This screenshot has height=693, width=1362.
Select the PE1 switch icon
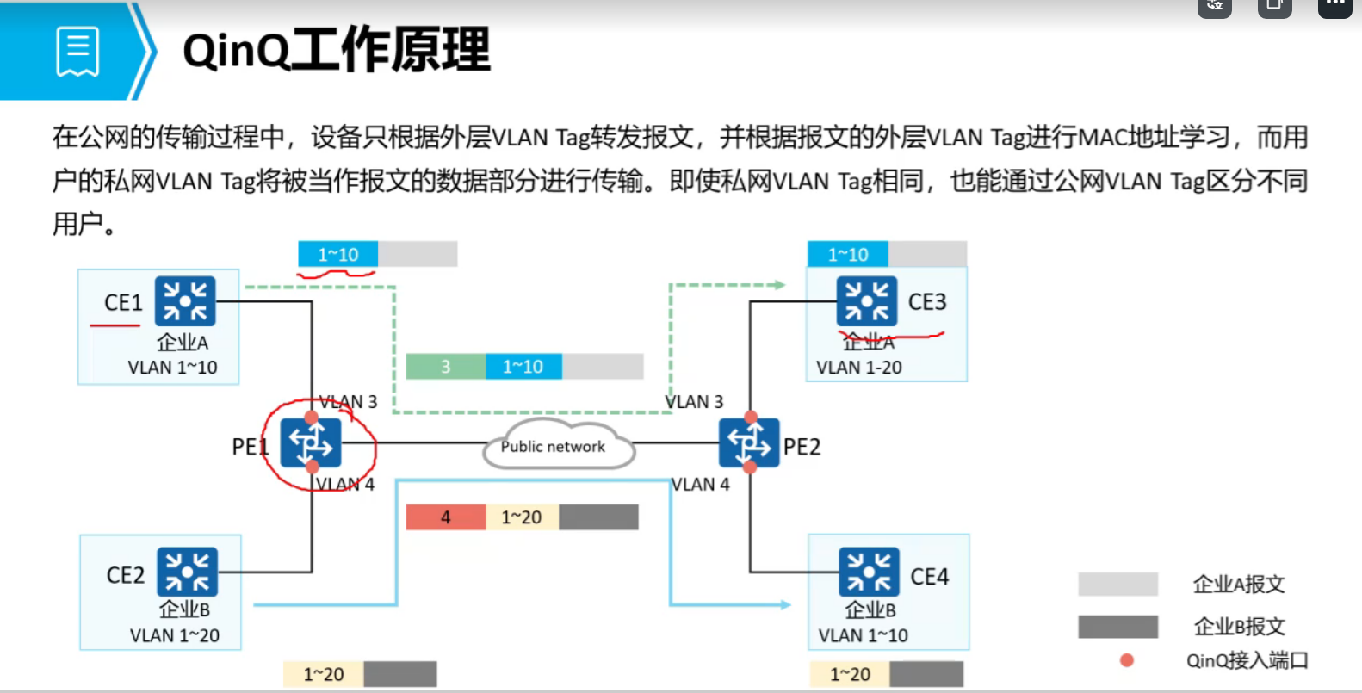[x=311, y=442]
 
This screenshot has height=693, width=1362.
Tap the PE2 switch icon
[x=749, y=442]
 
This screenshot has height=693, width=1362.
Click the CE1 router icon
[x=185, y=301]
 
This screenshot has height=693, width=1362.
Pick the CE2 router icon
[x=187, y=572]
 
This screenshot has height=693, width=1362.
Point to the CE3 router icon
[x=866, y=301]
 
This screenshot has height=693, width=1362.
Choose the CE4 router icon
[x=869, y=572]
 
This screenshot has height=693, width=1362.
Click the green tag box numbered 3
[x=445, y=366]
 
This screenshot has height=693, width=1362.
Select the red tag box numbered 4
[x=445, y=517]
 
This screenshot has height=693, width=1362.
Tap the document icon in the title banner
[x=77, y=52]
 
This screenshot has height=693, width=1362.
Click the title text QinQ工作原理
[x=336, y=50]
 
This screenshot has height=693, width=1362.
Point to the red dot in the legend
[x=1126, y=660]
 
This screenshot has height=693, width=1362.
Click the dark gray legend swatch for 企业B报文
[x=1117, y=626]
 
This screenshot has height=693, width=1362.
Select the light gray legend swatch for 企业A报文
[x=1117, y=585]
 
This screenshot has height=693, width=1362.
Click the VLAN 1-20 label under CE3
[x=859, y=368]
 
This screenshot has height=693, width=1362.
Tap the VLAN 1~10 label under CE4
[x=863, y=635]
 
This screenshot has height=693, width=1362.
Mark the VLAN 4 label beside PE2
[x=700, y=485]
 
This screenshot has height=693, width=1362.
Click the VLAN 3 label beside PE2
[x=694, y=402]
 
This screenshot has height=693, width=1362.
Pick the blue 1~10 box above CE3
[x=848, y=255]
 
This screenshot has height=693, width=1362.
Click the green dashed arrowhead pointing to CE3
[x=779, y=284]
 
